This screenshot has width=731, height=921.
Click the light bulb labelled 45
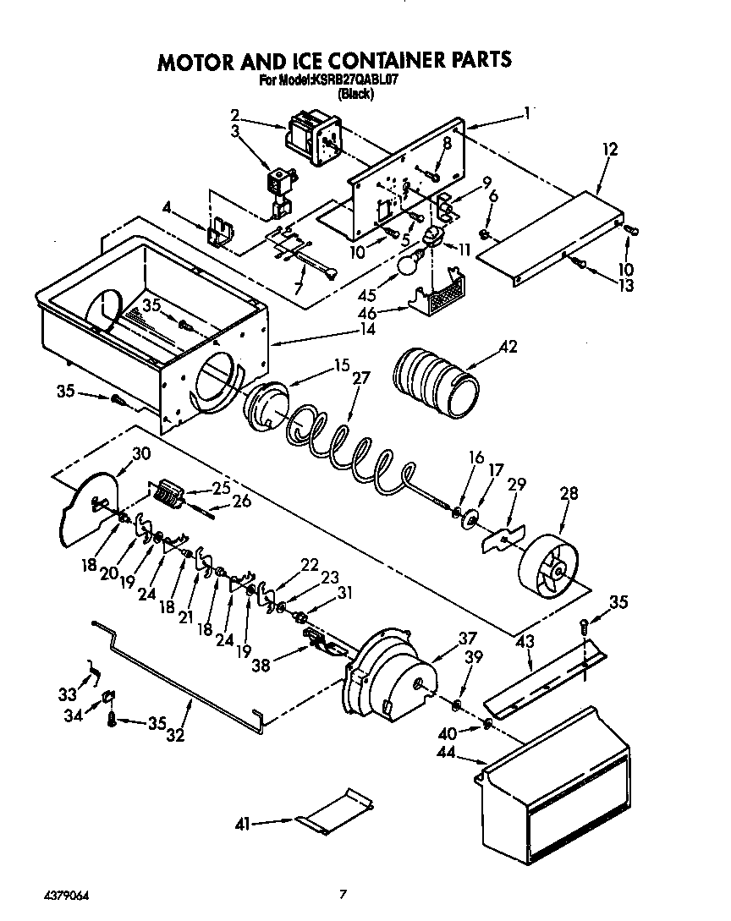coord(408,266)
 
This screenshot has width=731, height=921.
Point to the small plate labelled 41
coord(338,810)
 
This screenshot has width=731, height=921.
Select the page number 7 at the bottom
coord(343,893)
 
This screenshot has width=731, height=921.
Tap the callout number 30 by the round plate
coord(141,453)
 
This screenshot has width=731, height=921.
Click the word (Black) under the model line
coord(355,94)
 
